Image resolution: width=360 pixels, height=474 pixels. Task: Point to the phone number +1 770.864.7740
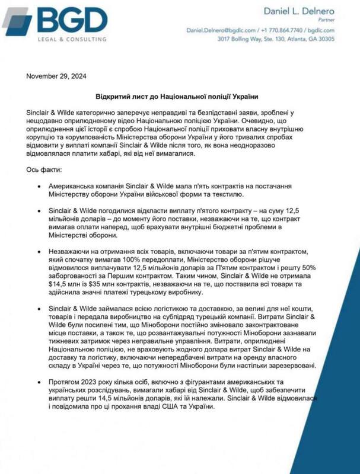pos(281,30)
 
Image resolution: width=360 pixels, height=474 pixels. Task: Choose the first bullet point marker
pos(39,185)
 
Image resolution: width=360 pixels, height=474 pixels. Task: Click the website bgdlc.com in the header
pos(321,30)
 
